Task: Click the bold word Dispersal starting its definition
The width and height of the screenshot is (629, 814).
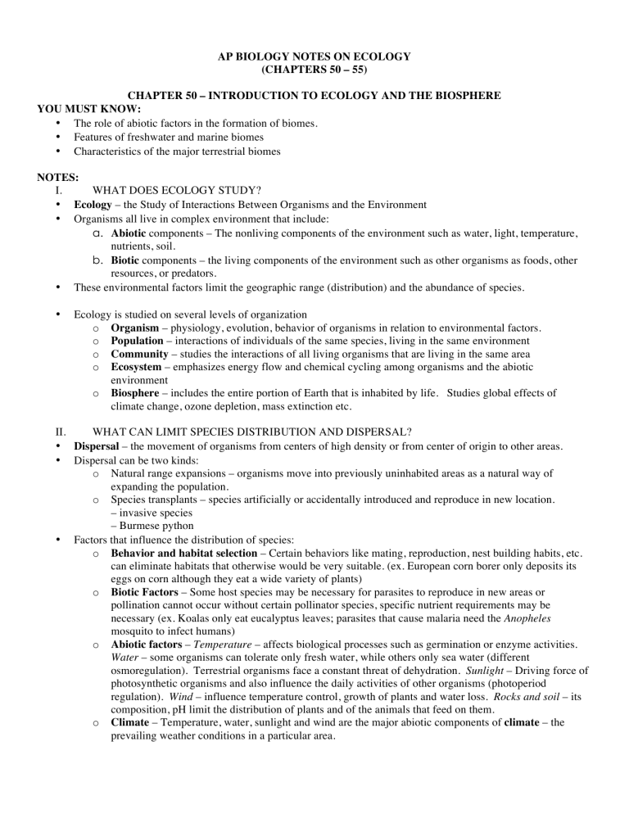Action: coord(98,448)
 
